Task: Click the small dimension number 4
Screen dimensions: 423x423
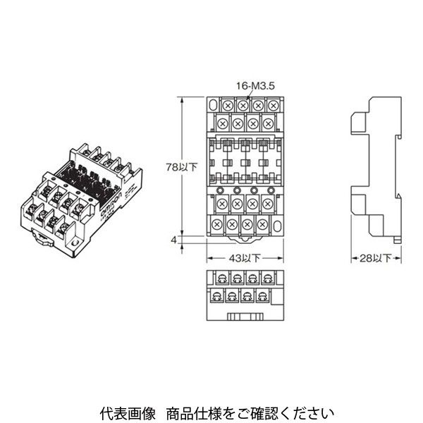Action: (173, 240)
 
